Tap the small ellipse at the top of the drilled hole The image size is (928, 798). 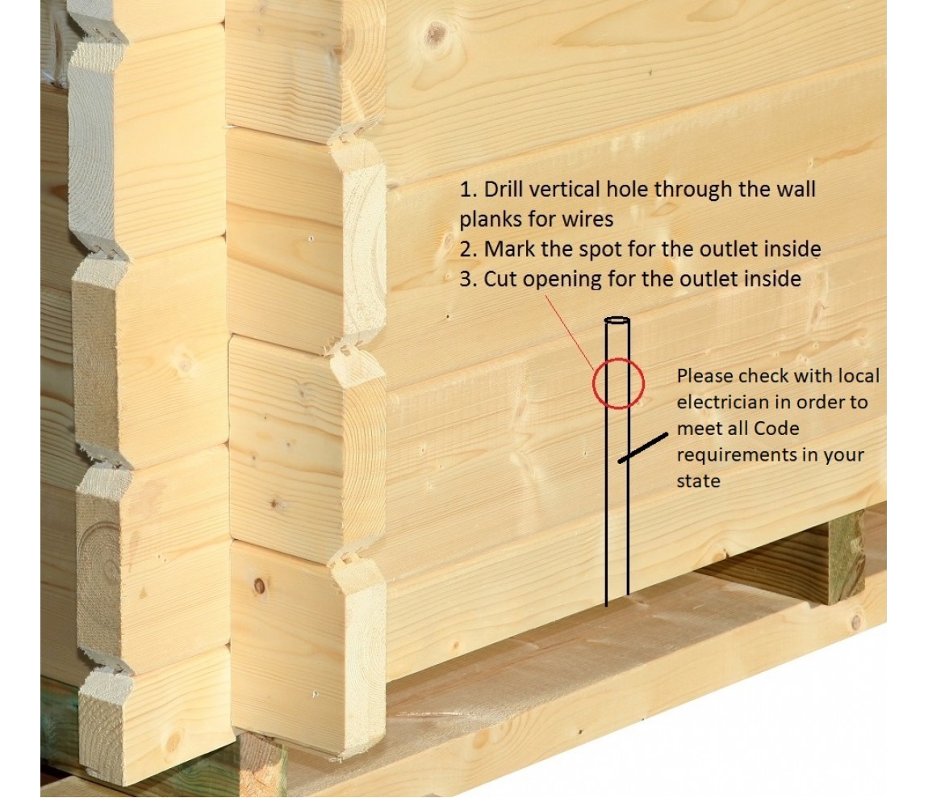pos(617,320)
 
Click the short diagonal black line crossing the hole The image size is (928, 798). pos(642,448)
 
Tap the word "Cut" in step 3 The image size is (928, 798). pos(501,279)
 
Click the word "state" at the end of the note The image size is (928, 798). pos(698,481)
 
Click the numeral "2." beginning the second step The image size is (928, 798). pos(468,249)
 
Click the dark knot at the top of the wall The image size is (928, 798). pos(437,35)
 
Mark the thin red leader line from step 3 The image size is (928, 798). pos(569,333)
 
